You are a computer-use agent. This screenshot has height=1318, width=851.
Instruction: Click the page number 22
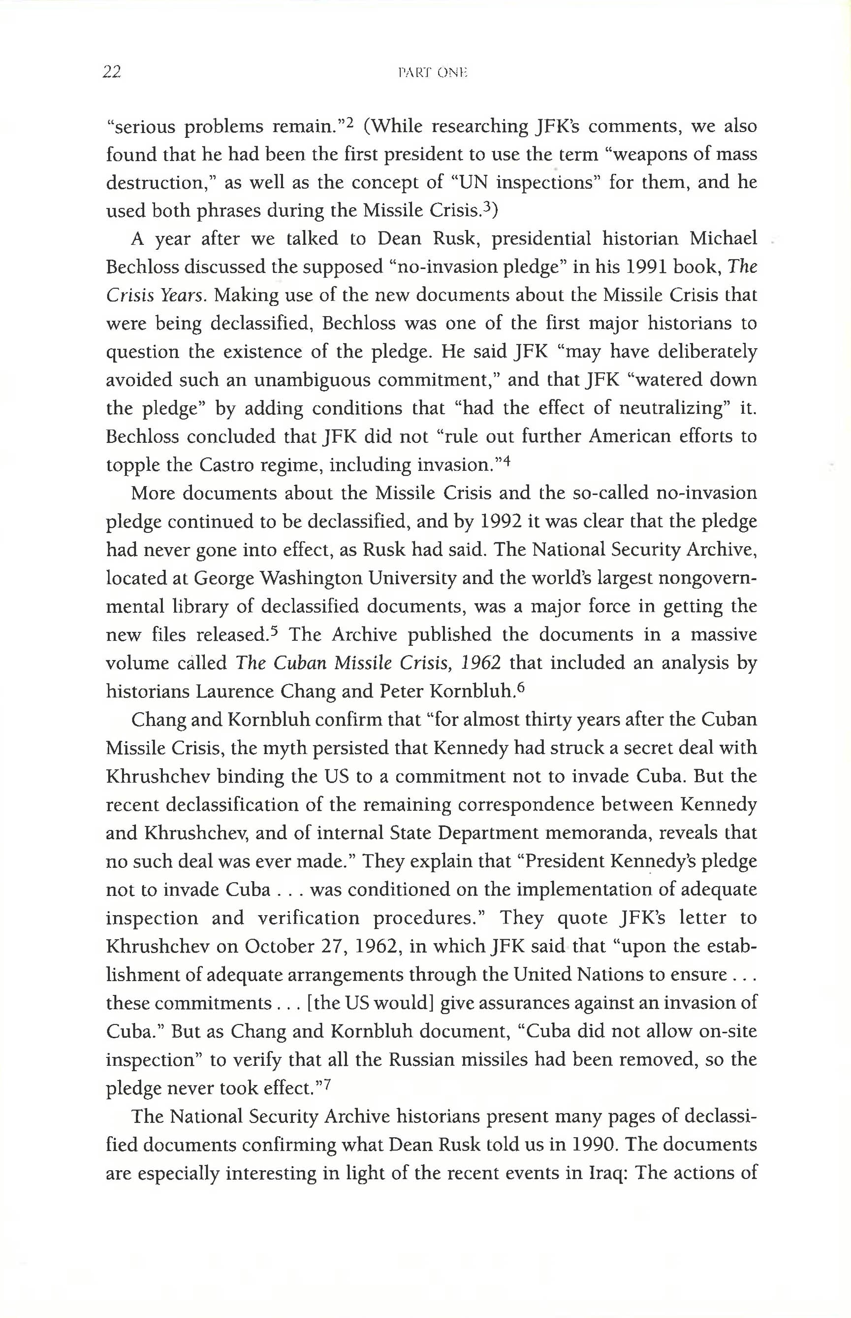(x=112, y=72)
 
